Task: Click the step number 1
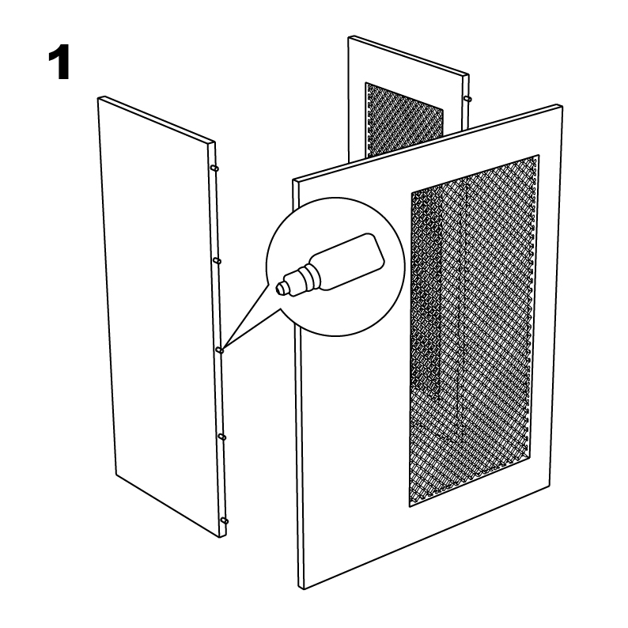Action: coord(60,62)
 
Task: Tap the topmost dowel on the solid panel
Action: coord(215,168)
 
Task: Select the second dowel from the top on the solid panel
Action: coord(217,261)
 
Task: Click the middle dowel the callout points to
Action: coord(219,350)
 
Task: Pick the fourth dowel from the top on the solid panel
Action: coord(221,436)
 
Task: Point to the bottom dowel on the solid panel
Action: coord(224,520)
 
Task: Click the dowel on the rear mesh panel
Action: coord(467,98)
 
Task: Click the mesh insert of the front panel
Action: coord(474,331)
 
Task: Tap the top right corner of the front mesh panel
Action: coord(560,105)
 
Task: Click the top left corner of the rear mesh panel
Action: coord(350,38)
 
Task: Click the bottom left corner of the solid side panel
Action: coord(116,475)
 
